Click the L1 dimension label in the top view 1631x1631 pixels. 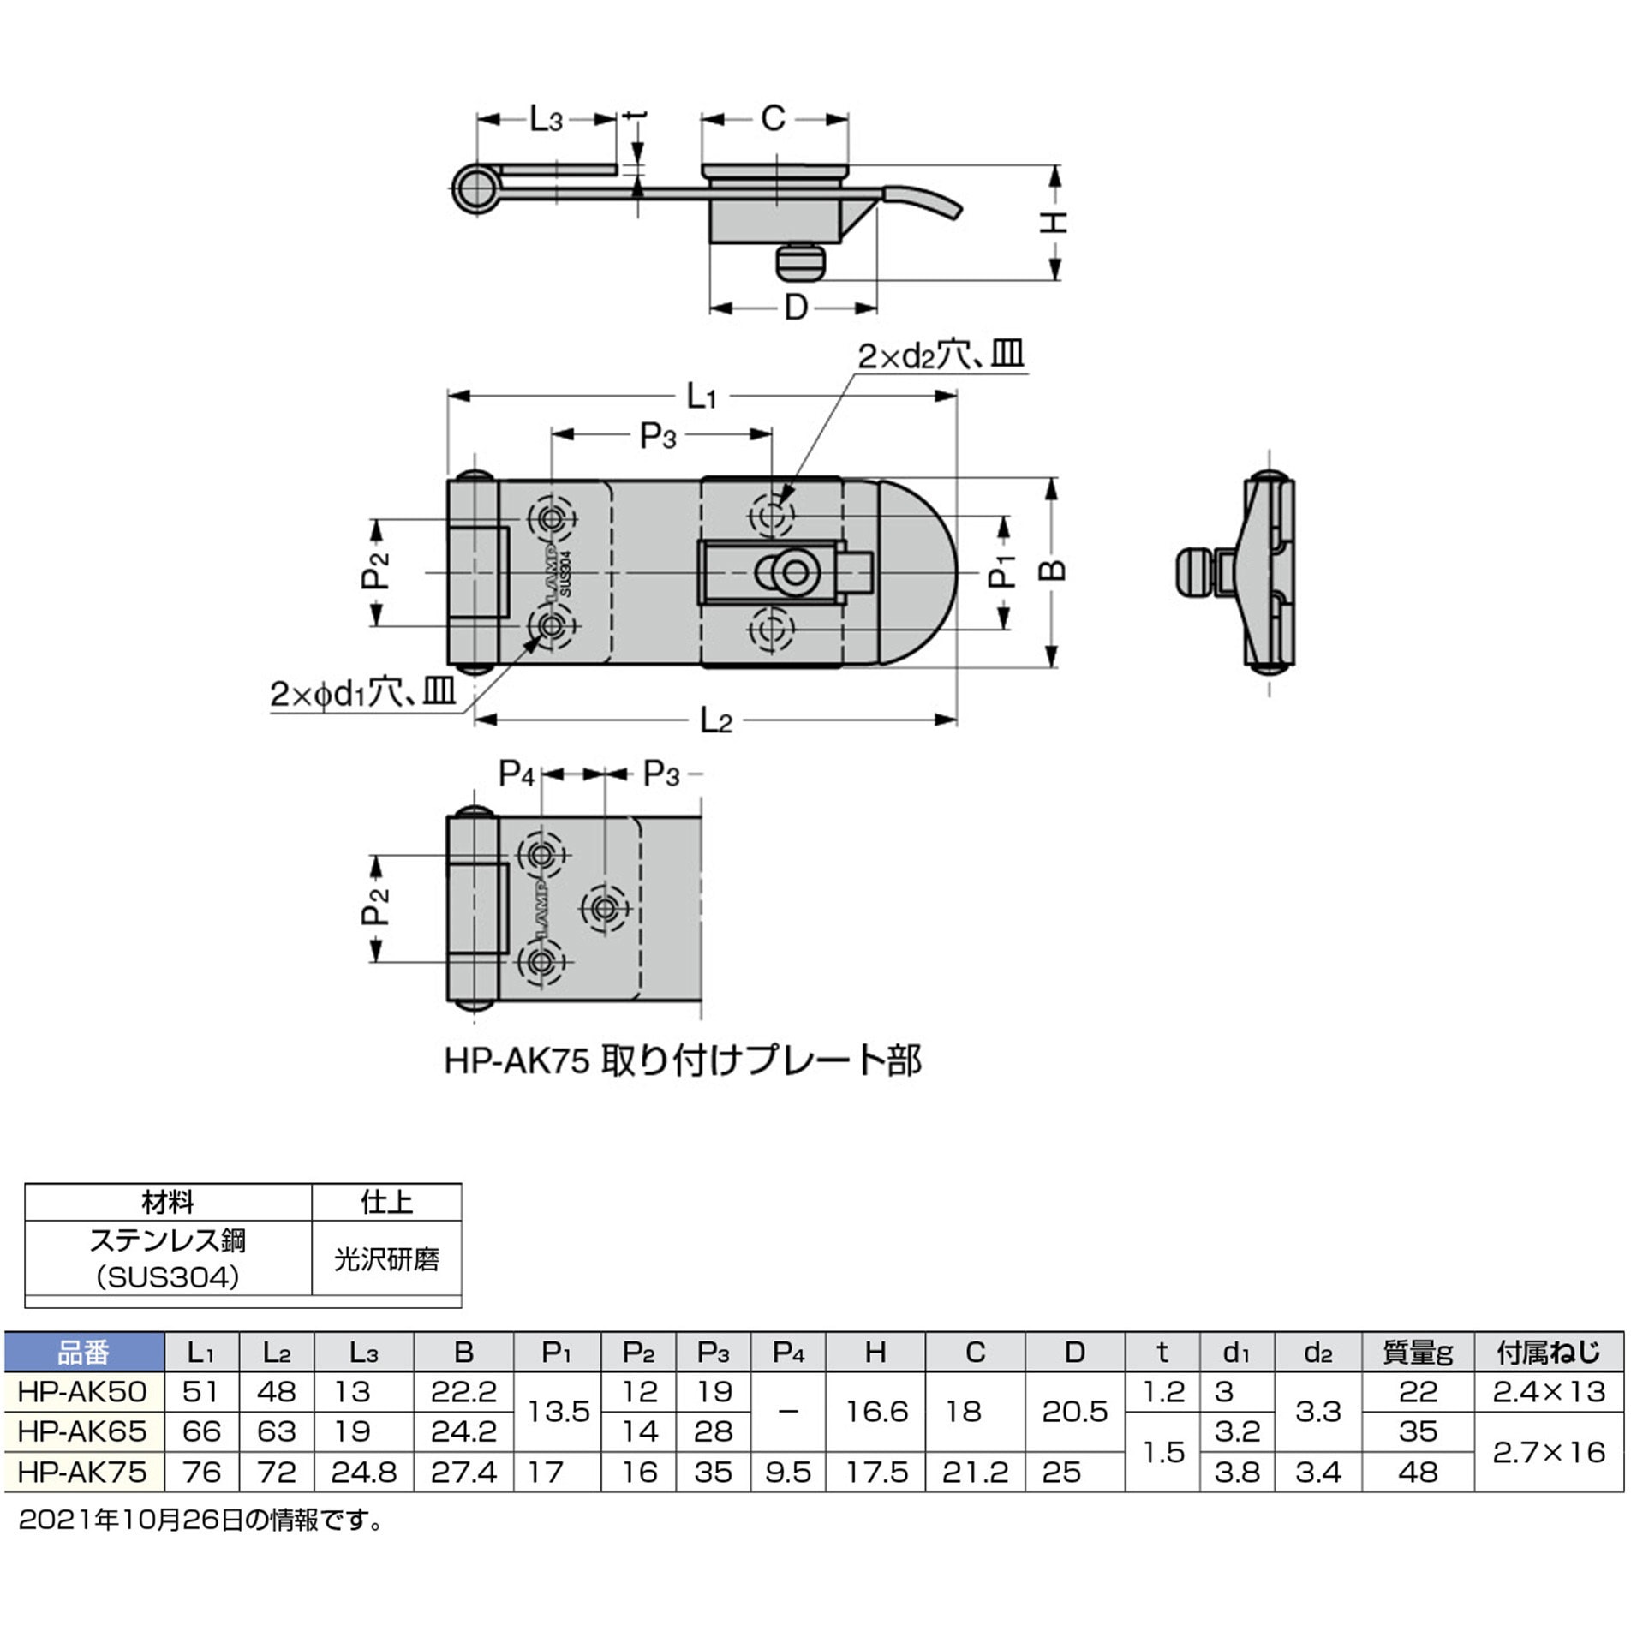701,397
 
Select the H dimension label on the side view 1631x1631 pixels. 1054,222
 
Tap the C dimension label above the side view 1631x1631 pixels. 773,118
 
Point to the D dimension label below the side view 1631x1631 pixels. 796,307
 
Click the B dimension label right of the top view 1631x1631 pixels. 1054,571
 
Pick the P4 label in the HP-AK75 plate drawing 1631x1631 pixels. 517,774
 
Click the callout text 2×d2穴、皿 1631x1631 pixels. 941,355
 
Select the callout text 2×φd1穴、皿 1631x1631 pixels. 362,692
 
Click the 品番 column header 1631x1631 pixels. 83,1353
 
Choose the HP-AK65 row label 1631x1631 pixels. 82,1431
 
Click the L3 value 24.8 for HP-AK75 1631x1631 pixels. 363,1472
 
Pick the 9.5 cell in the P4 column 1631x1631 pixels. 787,1472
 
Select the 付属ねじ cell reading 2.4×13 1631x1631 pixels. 1548,1392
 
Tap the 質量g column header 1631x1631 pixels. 1417,1353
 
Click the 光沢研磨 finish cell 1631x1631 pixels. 386,1258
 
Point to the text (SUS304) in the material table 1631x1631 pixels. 168,1277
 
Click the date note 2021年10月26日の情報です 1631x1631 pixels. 201,1520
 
